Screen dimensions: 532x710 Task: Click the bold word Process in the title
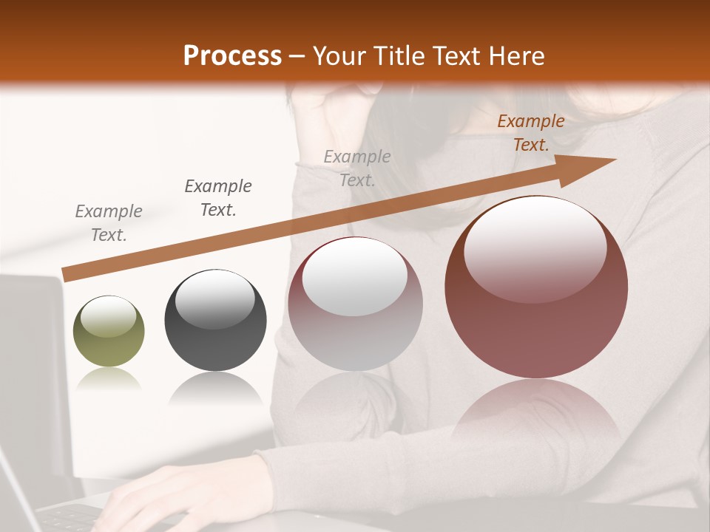(232, 56)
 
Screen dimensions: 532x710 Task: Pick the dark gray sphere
(215, 321)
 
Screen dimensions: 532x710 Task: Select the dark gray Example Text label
(217, 198)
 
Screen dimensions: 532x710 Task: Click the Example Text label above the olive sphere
(109, 223)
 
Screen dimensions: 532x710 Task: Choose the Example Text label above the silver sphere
(357, 168)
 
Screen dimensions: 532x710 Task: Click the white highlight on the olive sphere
(108, 316)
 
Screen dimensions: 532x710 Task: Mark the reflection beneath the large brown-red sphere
(536, 414)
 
